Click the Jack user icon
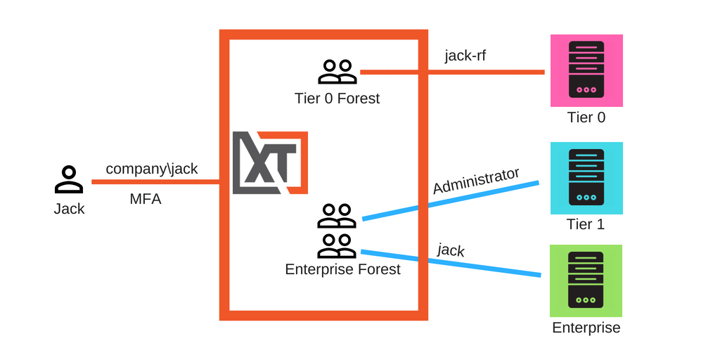click(69, 180)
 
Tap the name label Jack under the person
click(69, 209)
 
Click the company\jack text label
click(152, 169)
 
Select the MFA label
click(146, 199)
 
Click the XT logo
click(270, 162)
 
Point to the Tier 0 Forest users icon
click(337, 72)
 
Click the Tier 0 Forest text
click(337, 98)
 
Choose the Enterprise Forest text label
click(342, 269)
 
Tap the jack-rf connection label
click(465, 56)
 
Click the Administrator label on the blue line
click(476, 181)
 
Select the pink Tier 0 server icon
click(586, 70)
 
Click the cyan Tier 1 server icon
click(586, 178)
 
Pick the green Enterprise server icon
click(586, 281)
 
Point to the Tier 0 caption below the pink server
click(586, 117)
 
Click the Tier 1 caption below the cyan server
click(586, 224)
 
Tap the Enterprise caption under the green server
click(586, 328)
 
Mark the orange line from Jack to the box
click(155, 182)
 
